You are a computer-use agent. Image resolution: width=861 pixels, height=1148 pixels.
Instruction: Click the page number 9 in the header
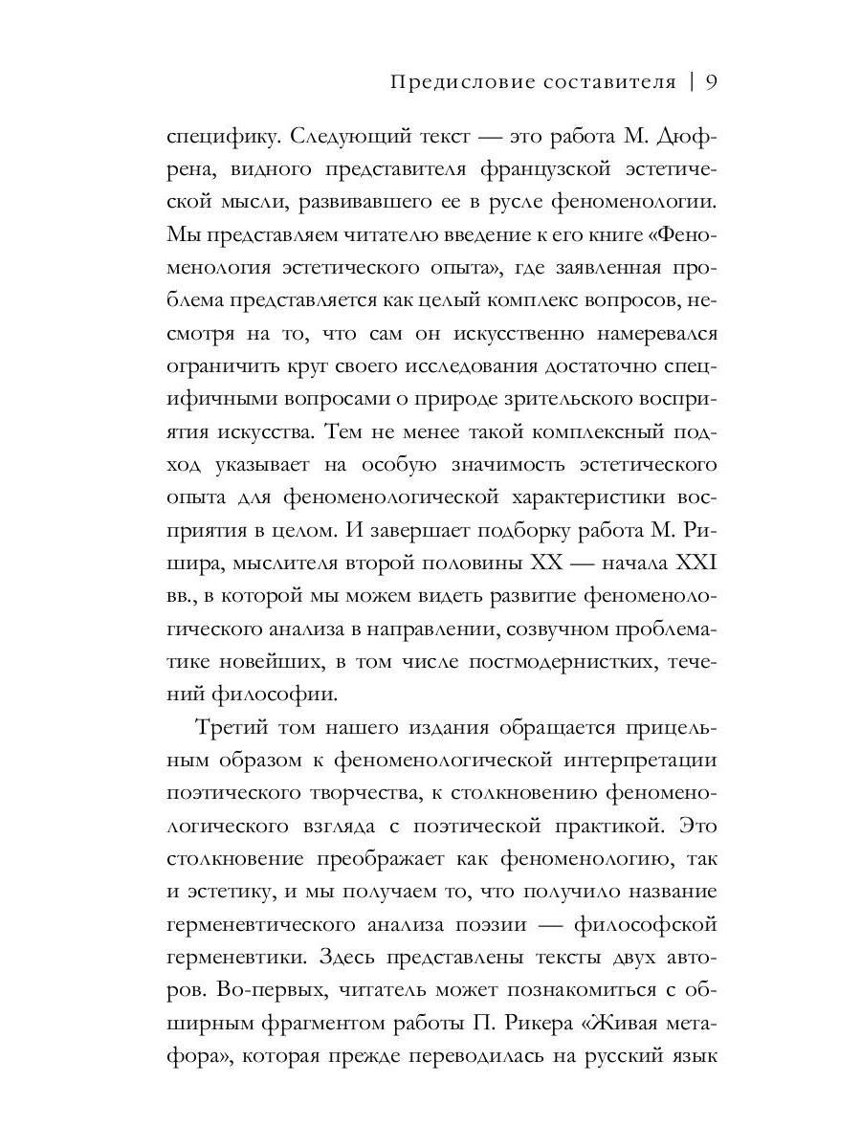(x=711, y=81)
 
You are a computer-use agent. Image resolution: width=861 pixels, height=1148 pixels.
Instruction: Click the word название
(x=661, y=888)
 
